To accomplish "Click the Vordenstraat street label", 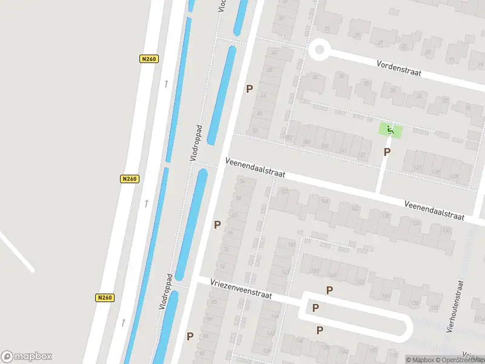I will pos(398,68).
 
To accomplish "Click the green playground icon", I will pos(390,129).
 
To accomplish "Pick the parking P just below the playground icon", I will pos(387,152).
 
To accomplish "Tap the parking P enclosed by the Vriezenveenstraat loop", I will pos(315,308).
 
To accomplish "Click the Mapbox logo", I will pos(27,356).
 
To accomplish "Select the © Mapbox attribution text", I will pos(421,360).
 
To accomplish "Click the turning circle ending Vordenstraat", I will pos(319,50).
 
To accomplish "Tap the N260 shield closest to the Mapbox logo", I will pos(105,297).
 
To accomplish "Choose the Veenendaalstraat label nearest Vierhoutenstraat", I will pos(434,211).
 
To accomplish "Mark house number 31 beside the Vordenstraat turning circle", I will pos(328,29).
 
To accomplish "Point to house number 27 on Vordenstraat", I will pos(381,43).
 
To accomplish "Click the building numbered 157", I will pos(292,245).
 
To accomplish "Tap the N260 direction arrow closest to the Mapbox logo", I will pos(123,322).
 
